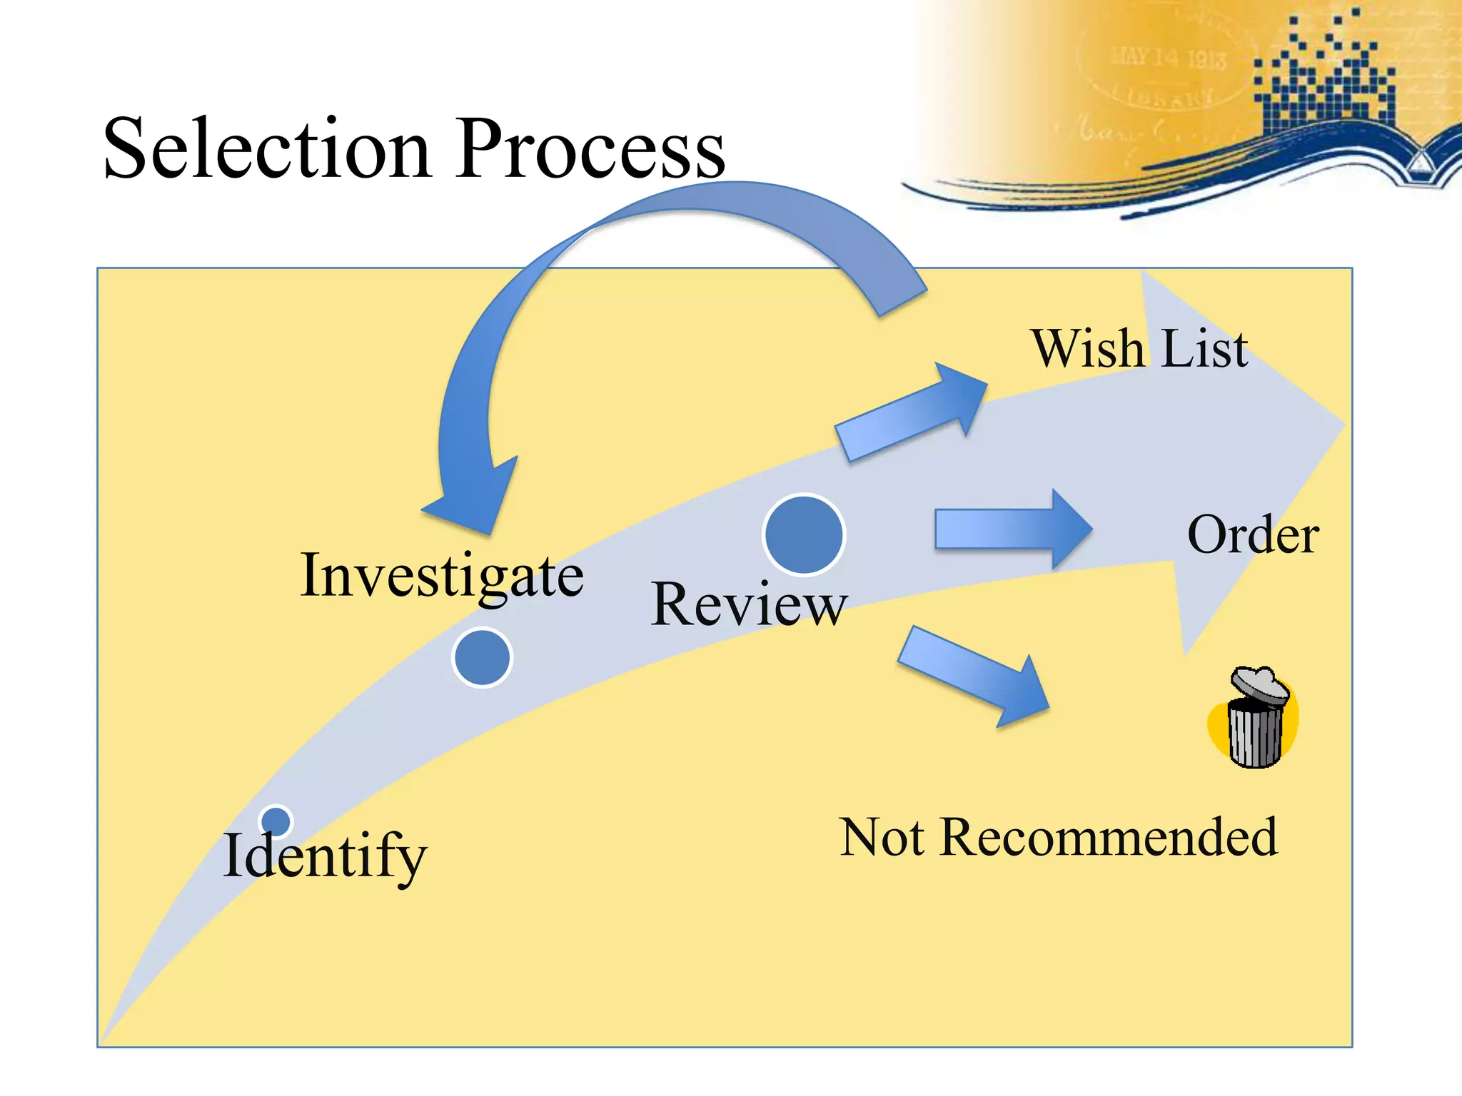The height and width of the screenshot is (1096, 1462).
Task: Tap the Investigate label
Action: [442, 577]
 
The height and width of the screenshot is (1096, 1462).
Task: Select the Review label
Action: [748, 605]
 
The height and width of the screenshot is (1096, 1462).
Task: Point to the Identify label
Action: [325, 856]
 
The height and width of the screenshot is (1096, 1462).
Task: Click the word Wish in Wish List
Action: [1088, 349]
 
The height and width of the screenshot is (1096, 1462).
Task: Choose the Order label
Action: [1253, 534]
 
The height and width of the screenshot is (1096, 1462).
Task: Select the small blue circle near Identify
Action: [276, 821]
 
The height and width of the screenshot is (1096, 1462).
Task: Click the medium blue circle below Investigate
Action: [483, 657]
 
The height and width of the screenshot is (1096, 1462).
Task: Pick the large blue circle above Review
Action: [804, 534]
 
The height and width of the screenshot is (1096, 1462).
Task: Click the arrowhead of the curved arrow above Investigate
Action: [471, 499]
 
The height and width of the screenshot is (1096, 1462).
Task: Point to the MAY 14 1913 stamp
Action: [1168, 57]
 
